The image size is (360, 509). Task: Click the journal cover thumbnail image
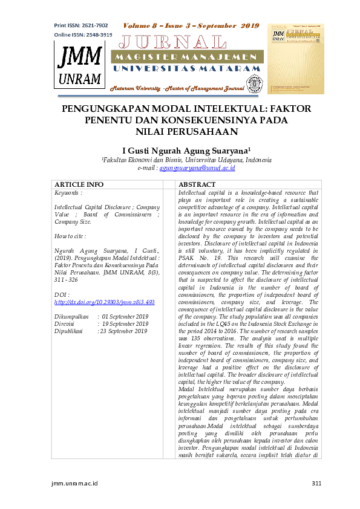tap(296, 59)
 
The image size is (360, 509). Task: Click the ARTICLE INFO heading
tap(79, 184)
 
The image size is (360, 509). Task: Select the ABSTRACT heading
tap(197, 184)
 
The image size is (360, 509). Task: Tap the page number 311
tap(315, 483)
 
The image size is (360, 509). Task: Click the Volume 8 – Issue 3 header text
tap(191, 26)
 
